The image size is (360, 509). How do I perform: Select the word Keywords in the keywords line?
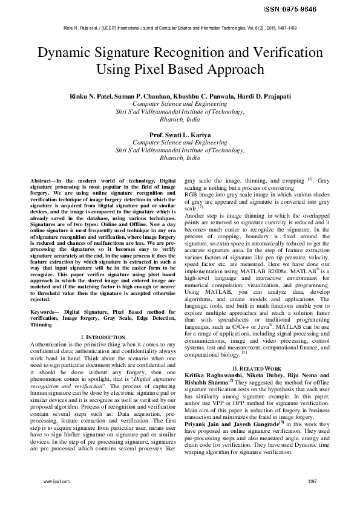[45, 311]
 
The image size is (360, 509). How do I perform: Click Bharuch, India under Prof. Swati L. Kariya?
[179, 157]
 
